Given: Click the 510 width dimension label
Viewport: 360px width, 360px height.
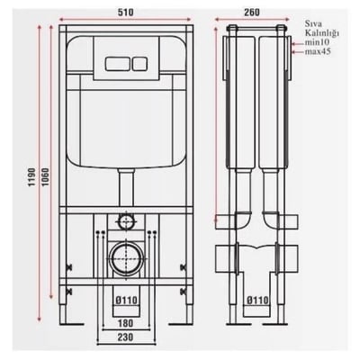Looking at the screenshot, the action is click(x=125, y=13).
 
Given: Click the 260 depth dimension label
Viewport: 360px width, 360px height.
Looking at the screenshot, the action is click(x=251, y=13).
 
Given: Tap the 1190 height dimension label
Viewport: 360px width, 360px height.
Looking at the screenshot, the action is click(x=32, y=177).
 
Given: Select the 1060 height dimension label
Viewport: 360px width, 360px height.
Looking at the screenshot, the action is click(x=45, y=177).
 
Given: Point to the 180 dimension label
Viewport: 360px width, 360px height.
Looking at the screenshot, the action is click(x=125, y=323).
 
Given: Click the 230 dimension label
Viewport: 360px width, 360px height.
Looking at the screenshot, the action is click(x=125, y=337).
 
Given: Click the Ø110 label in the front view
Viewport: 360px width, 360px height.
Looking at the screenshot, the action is click(x=126, y=300).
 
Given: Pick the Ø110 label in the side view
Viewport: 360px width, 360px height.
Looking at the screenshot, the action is click(x=257, y=300).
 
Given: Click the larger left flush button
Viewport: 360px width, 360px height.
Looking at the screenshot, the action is click(x=118, y=63).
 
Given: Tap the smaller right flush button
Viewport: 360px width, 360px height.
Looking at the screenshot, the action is click(x=139, y=63).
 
